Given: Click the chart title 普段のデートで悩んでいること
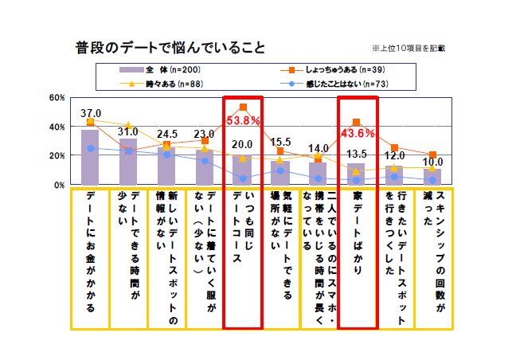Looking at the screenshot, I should coord(170,45).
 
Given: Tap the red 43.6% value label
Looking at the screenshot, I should coord(357,131).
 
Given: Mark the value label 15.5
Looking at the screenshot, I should coord(282,142).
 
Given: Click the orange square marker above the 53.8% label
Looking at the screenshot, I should coord(243,107).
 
